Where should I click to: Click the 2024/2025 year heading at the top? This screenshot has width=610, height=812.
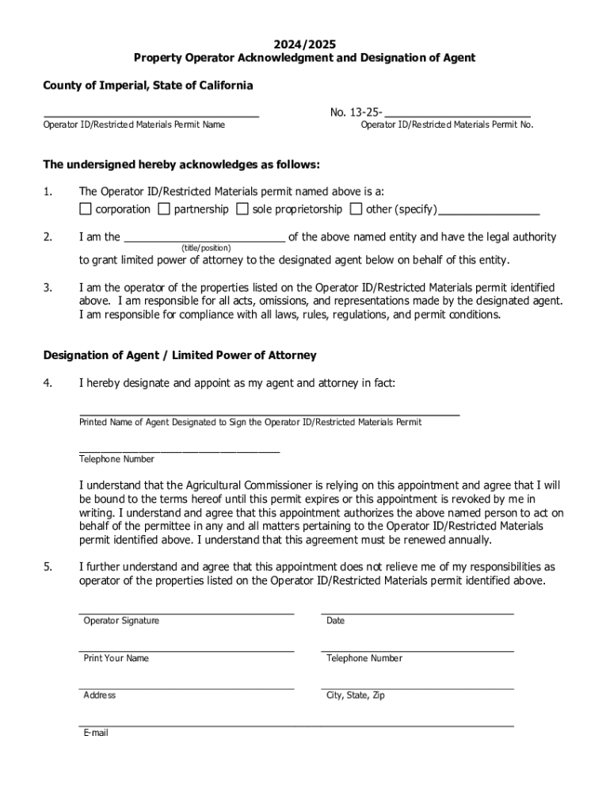pyautogui.click(x=304, y=44)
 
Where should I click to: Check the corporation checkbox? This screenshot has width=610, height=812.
pyautogui.click(x=86, y=209)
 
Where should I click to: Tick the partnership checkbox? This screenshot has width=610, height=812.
pyautogui.click(x=164, y=209)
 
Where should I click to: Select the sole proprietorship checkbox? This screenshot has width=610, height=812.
pyautogui.click(x=242, y=209)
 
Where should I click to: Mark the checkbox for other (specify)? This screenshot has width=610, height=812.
pyautogui.click(x=356, y=209)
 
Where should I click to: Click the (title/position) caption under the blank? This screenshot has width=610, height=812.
pyautogui.click(x=206, y=248)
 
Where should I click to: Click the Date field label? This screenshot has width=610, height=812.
pyautogui.click(x=335, y=621)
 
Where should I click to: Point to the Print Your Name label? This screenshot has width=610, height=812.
pyautogui.click(x=116, y=658)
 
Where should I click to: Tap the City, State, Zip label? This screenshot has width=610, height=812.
pyautogui.click(x=355, y=695)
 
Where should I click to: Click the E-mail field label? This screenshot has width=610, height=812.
pyautogui.click(x=96, y=733)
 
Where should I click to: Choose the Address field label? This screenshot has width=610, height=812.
pyautogui.click(x=99, y=695)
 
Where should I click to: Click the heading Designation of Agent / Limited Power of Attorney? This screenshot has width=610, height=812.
pyautogui.click(x=180, y=355)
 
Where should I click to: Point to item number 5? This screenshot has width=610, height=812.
pyautogui.click(x=48, y=567)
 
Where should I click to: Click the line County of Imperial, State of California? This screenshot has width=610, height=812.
pyautogui.click(x=148, y=85)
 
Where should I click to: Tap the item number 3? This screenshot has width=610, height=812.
pyautogui.click(x=48, y=287)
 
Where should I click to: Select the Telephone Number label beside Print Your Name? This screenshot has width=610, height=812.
pyautogui.click(x=364, y=658)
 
